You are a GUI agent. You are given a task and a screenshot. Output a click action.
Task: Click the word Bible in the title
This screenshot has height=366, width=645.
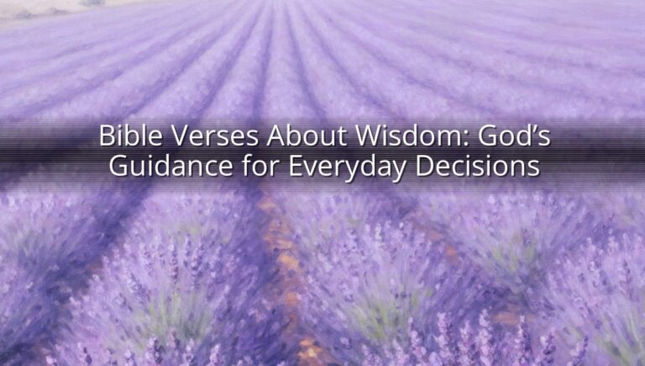[130, 135]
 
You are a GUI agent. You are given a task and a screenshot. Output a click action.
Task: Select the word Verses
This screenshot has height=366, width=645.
[214, 135]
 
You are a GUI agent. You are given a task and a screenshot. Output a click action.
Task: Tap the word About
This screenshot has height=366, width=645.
[307, 135]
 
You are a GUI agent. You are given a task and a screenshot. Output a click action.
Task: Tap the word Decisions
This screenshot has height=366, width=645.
[477, 166]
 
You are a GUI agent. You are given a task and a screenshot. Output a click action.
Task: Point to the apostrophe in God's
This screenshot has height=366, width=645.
[532, 129]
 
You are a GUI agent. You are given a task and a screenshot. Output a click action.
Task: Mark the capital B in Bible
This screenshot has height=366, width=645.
[107, 135]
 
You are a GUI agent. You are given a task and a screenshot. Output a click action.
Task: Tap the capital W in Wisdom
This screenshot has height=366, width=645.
[370, 135]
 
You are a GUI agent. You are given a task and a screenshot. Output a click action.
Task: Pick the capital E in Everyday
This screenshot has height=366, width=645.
[296, 166]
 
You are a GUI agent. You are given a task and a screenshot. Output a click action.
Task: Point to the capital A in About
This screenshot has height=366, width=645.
[276, 135]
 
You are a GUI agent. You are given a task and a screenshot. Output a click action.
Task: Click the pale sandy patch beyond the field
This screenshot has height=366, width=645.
[41, 9]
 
